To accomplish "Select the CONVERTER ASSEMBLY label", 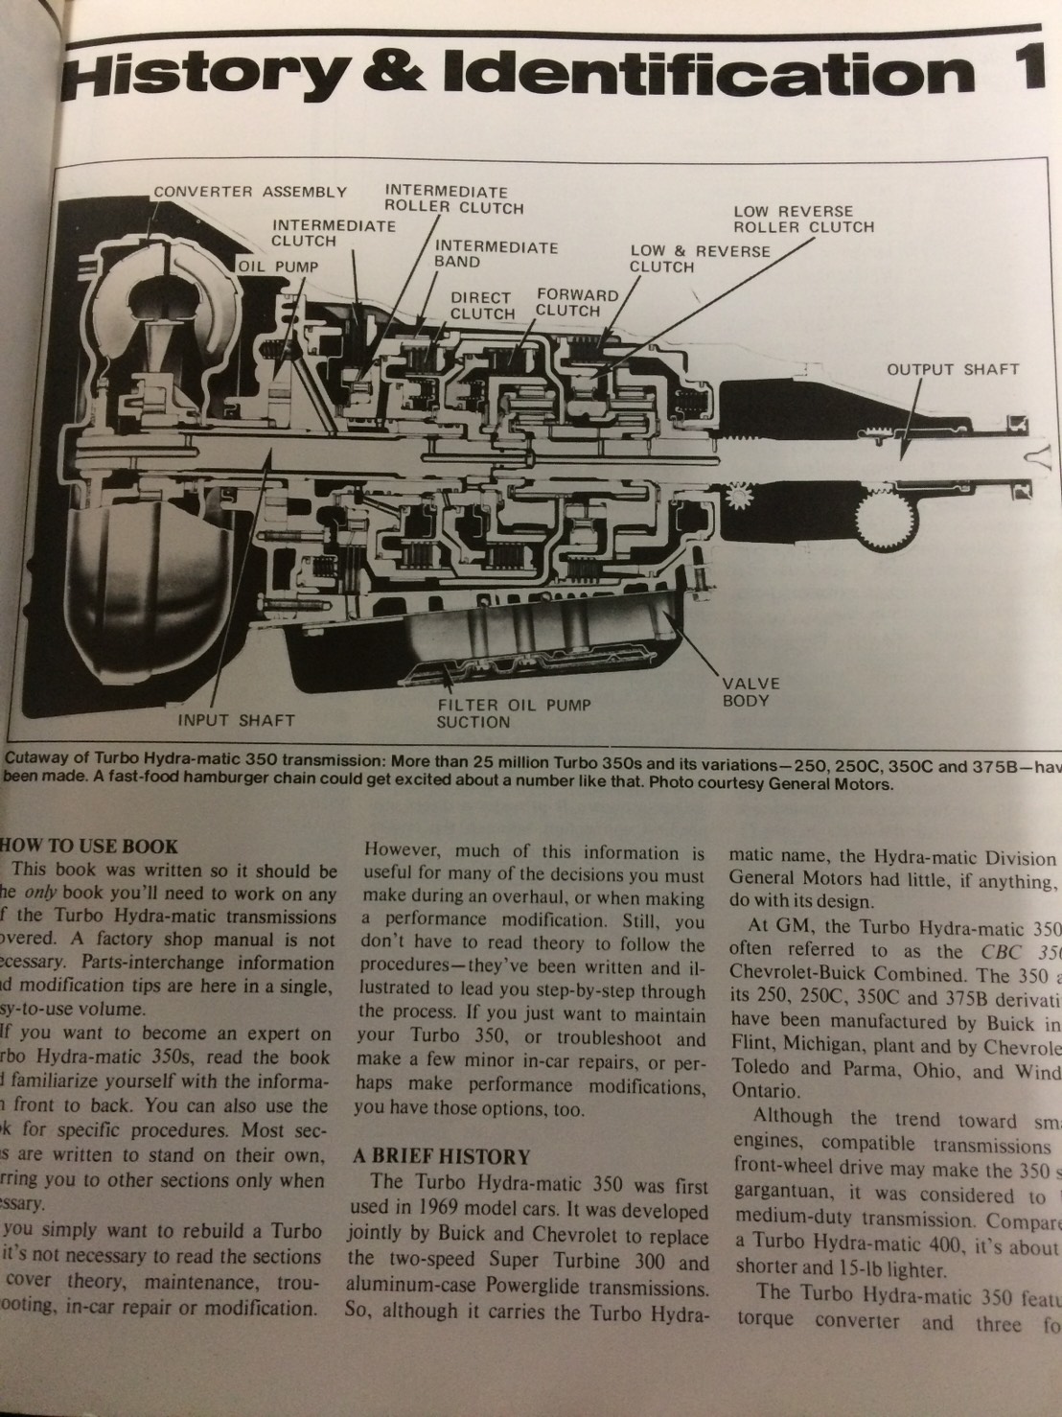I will [x=250, y=192].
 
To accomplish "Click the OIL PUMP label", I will [x=277, y=267].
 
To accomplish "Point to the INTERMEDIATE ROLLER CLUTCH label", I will [x=453, y=199].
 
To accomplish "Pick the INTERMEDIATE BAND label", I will [x=496, y=253].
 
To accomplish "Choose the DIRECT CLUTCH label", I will [x=482, y=305].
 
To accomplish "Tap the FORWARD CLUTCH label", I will [x=577, y=302].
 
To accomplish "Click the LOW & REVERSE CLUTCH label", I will [x=699, y=258].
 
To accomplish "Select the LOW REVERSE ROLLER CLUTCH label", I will [x=803, y=220].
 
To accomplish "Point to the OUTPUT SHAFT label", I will [x=952, y=369].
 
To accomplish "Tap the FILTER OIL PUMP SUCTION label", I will [x=513, y=713].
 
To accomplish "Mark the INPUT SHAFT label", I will [x=236, y=719].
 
